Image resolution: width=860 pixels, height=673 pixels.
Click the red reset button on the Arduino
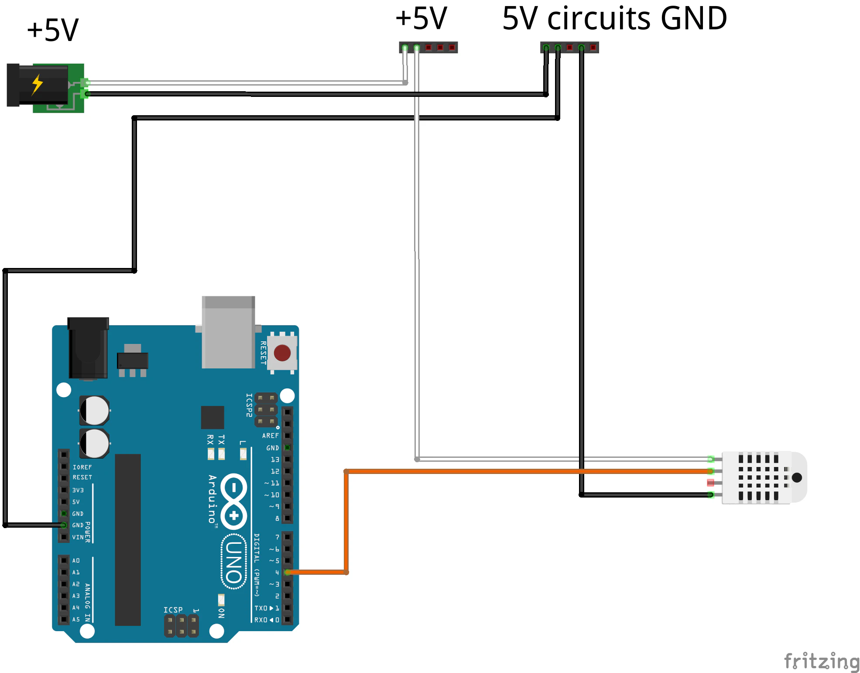[x=282, y=353]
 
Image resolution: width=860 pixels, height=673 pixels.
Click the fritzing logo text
[x=822, y=662]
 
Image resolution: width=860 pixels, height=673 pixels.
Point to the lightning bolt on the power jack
[x=38, y=85]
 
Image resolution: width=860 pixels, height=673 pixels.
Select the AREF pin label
[x=270, y=436]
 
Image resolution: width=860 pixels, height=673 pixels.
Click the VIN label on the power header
[x=78, y=537]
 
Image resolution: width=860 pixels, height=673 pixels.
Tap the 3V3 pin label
[x=78, y=490]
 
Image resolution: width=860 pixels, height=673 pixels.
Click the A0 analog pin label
[x=76, y=560]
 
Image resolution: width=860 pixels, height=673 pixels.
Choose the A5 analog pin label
[x=76, y=619]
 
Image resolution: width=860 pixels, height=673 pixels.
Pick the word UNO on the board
[x=234, y=562]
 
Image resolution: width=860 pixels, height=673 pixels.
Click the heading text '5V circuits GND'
[x=614, y=19]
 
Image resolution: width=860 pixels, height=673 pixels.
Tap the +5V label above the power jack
[x=53, y=31]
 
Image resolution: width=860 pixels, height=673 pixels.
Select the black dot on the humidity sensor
[x=797, y=477]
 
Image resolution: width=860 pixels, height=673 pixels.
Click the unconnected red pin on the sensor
[x=711, y=483]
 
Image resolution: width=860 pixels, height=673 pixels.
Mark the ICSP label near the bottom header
[x=173, y=610]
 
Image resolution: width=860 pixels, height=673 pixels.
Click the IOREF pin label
[x=82, y=467]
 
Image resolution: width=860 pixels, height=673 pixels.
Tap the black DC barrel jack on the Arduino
[x=88, y=348]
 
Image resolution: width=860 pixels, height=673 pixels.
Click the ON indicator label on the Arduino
[x=221, y=613]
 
